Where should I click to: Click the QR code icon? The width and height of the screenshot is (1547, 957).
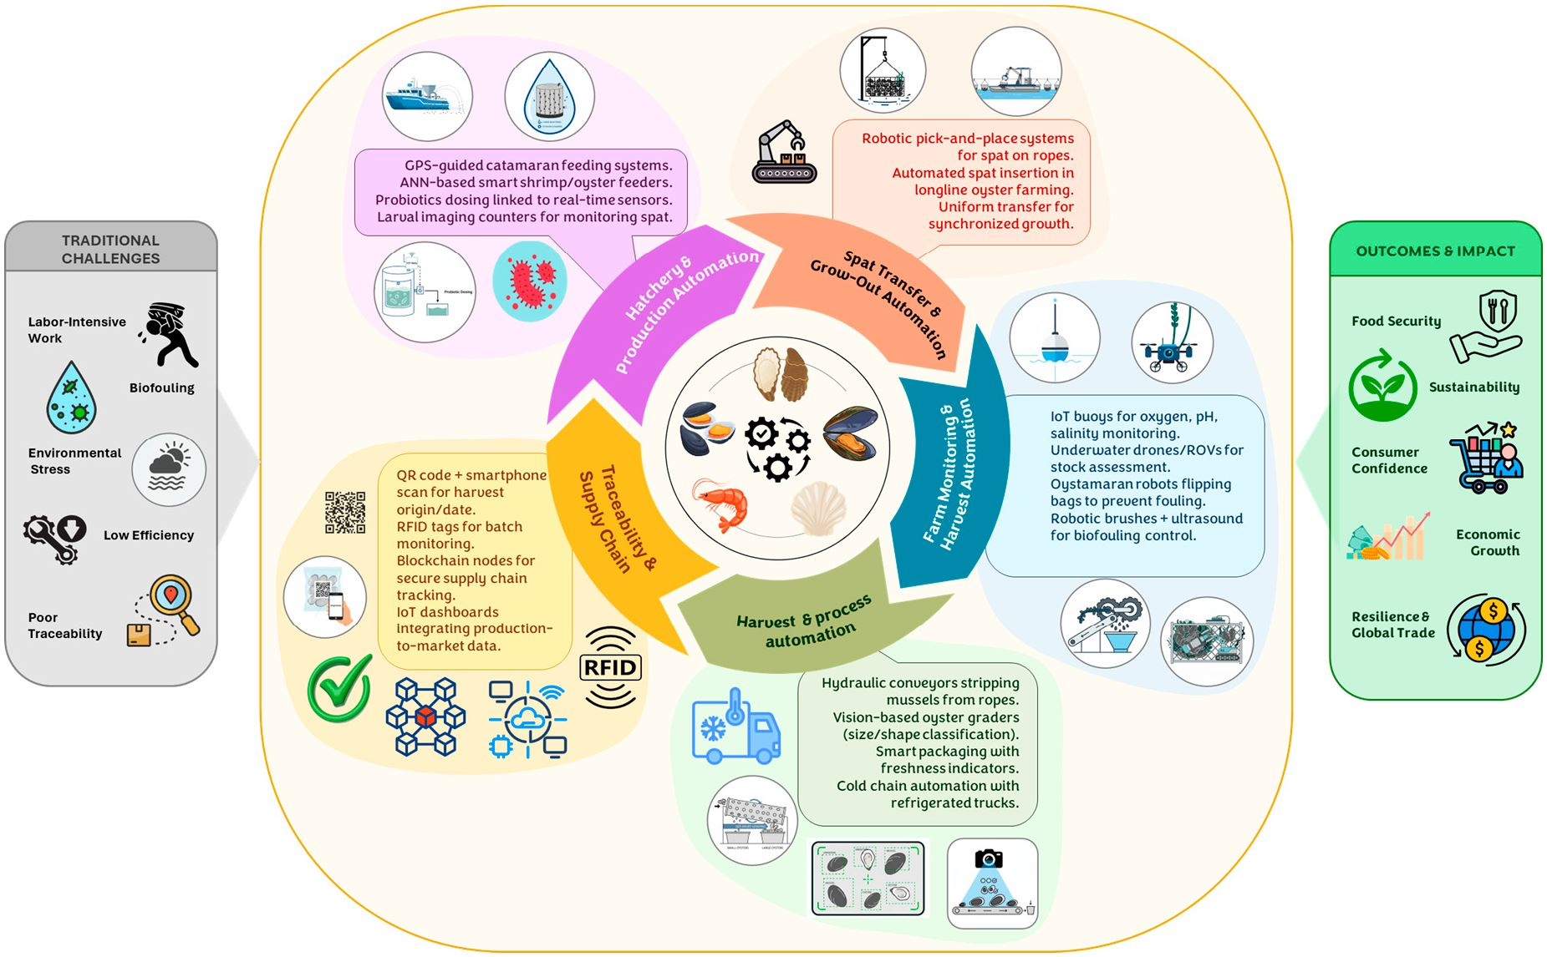point(345,512)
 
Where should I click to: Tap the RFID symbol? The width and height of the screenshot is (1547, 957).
point(610,667)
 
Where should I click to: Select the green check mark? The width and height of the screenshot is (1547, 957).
point(339,688)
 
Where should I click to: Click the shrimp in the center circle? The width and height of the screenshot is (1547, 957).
point(720,504)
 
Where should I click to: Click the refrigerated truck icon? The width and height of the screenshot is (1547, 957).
point(735,727)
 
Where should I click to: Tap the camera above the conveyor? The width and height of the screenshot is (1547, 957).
point(989,858)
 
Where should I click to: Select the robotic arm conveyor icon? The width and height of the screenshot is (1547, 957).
point(783,152)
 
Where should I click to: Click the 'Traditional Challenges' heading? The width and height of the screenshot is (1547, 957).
point(110,249)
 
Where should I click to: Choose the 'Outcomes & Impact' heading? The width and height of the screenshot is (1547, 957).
point(1435,251)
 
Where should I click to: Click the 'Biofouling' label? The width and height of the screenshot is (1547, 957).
point(161,387)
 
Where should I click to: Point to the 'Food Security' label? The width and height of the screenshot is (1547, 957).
point(1396,321)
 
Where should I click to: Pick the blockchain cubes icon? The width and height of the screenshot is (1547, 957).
point(425,716)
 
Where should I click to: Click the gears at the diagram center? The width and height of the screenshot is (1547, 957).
point(777,448)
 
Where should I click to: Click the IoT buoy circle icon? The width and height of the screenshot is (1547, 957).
point(1054,338)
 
